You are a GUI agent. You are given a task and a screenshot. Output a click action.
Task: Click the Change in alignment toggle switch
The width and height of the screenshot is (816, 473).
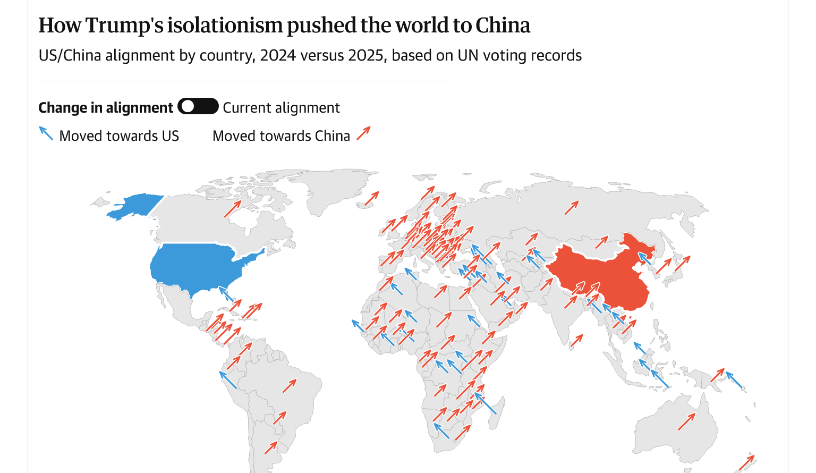tap(198, 106)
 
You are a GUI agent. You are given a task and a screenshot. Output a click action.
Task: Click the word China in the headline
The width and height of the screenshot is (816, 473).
tap(503, 26)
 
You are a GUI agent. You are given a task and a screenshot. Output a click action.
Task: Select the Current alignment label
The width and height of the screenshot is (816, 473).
tap(281, 108)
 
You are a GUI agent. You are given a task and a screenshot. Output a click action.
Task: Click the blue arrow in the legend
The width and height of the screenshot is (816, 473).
tap(46, 133)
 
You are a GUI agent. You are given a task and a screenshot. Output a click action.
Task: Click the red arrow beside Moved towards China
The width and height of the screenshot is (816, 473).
tap(363, 133)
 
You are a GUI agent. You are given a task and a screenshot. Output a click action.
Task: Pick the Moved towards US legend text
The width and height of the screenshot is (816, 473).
tap(119, 136)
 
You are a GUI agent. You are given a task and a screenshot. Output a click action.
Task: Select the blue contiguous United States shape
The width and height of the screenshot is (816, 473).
tap(197, 266)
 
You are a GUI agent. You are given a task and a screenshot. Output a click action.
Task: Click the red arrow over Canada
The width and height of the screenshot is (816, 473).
tap(233, 208)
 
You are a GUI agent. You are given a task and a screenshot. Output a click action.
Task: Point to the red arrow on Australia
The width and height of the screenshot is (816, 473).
tap(686, 422)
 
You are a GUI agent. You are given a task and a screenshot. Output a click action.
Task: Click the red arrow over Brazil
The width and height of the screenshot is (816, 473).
tap(290, 386)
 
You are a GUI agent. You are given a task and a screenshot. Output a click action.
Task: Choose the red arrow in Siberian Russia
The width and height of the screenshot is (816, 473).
tap(572, 207)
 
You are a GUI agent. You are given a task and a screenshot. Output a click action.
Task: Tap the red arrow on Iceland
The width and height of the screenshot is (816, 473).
tap(371, 199)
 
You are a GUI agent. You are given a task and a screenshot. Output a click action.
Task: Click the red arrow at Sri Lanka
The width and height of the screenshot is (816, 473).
tap(577, 340)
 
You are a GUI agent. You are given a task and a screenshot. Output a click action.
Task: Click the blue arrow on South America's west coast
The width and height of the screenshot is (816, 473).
tap(228, 380)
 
